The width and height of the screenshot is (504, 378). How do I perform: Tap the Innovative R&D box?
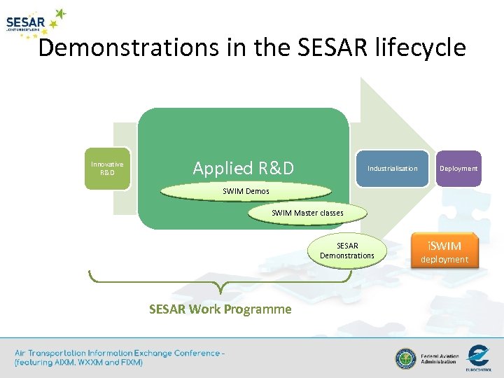[x=107, y=169]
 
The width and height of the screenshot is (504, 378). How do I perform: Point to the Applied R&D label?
[x=243, y=168]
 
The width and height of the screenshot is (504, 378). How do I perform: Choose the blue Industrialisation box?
[x=392, y=169]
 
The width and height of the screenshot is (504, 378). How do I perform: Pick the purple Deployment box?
[x=458, y=169]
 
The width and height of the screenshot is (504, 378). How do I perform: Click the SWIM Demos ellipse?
[x=246, y=191]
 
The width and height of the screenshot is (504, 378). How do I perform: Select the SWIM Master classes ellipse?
[x=307, y=213]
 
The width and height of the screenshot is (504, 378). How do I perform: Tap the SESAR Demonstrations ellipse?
[x=347, y=251]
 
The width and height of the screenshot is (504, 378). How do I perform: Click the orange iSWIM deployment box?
[x=444, y=251]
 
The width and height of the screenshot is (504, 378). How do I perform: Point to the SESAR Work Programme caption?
[x=220, y=309]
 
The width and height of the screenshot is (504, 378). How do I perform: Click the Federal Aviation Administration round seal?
[x=405, y=359]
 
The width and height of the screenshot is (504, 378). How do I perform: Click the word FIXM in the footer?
[x=129, y=363]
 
